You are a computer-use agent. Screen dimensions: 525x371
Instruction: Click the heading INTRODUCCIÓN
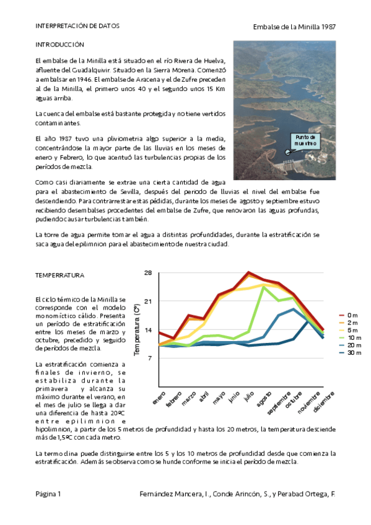(x=59, y=45)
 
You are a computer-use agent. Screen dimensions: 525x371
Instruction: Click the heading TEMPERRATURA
(x=60, y=275)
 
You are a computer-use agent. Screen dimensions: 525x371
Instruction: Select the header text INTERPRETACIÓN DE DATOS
(x=77, y=27)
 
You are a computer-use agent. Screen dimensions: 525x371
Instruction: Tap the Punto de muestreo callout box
(x=306, y=140)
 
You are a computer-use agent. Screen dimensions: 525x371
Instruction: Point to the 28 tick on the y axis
(x=148, y=273)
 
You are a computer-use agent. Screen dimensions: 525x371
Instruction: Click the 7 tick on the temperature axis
(x=149, y=358)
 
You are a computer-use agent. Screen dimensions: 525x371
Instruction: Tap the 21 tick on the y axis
(x=148, y=302)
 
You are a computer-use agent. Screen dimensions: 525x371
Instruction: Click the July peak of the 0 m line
(x=248, y=272)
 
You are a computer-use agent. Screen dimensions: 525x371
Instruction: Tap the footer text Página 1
(x=48, y=494)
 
